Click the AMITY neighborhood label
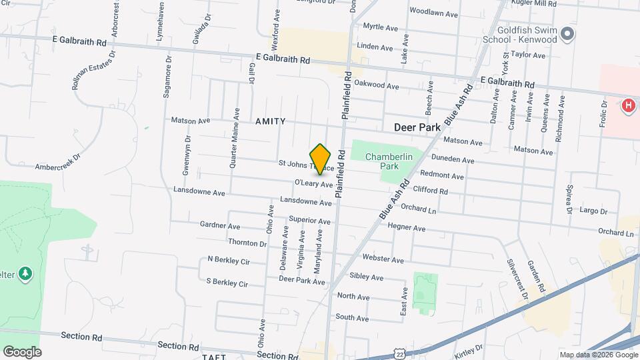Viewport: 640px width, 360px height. click(270, 121)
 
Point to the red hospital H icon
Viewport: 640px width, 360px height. click(627, 105)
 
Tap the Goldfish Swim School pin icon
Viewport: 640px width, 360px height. click(567, 34)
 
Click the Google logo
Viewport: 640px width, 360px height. click(22, 352)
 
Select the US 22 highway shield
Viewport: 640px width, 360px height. click(399, 352)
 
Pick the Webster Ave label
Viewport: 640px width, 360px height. click(383, 259)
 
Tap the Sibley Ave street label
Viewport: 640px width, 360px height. click(367, 277)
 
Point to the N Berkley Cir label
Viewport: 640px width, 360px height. click(228, 259)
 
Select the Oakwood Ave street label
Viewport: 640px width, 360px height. click(377, 85)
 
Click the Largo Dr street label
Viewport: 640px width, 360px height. click(594, 211)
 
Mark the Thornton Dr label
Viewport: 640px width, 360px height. click(247, 243)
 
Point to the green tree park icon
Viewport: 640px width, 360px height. click(25, 273)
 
